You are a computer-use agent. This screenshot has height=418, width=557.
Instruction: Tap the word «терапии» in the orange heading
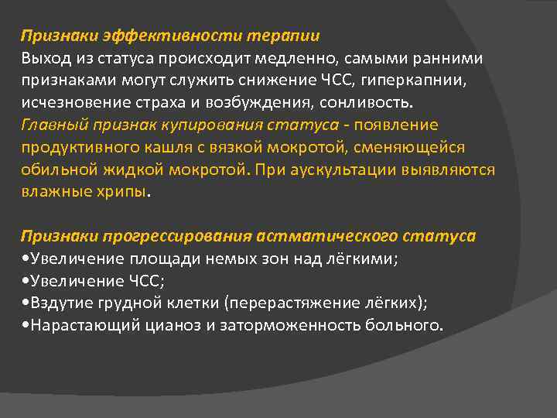[x=284, y=36]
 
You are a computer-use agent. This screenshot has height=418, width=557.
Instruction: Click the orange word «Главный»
[x=50, y=125]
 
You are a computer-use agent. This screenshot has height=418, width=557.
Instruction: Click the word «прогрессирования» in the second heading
[x=163, y=235]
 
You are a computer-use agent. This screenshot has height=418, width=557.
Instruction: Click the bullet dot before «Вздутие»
[x=25, y=303]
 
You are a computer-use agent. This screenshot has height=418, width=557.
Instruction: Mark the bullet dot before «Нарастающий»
[x=25, y=326]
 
